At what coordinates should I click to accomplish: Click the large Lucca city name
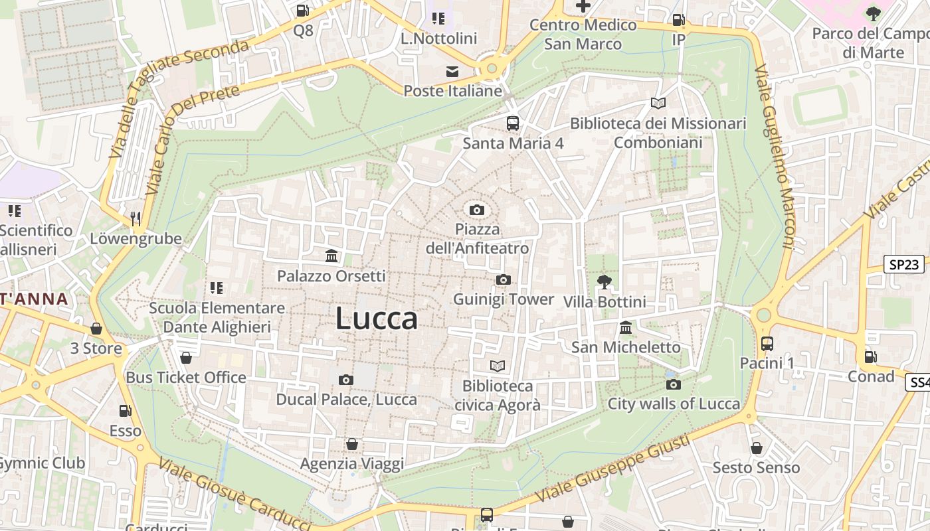pyautogui.click(x=377, y=319)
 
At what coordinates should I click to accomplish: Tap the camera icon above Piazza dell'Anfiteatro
pyautogui.click(x=476, y=210)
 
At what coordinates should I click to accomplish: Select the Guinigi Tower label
pyautogui.click(x=503, y=299)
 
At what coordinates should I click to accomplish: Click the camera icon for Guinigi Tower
pyautogui.click(x=503, y=280)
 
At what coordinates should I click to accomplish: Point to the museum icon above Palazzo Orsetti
pyautogui.click(x=331, y=256)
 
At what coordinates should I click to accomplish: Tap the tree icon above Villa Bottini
pyautogui.click(x=604, y=282)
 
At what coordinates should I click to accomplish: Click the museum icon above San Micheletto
pyautogui.click(x=626, y=328)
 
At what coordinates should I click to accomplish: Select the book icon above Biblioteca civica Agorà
pyautogui.click(x=498, y=366)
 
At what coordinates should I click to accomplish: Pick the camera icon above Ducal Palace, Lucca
pyautogui.click(x=345, y=380)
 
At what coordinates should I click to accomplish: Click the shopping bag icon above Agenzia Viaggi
pyautogui.click(x=352, y=444)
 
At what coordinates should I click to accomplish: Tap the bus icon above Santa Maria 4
pyautogui.click(x=513, y=123)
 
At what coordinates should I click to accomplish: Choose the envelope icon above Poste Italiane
pyautogui.click(x=452, y=72)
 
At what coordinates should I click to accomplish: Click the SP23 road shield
pyautogui.click(x=904, y=264)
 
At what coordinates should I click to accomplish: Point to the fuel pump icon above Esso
pyautogui.click(x=125, y=412)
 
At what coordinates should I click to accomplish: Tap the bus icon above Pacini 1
pyautogui.click(x=767, y=344)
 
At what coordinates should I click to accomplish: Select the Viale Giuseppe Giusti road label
pyautogui.click(x=612, y=468)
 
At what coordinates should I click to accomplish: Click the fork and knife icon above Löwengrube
pyautogui.click(x=136, y=218)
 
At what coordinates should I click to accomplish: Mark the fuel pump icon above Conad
pyautogui.click(x=870, y=357)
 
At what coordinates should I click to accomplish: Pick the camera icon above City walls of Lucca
pyautogui.click(x=673, y=385)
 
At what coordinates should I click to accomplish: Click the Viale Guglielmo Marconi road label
pyautogui.click(x=775, y=157)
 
